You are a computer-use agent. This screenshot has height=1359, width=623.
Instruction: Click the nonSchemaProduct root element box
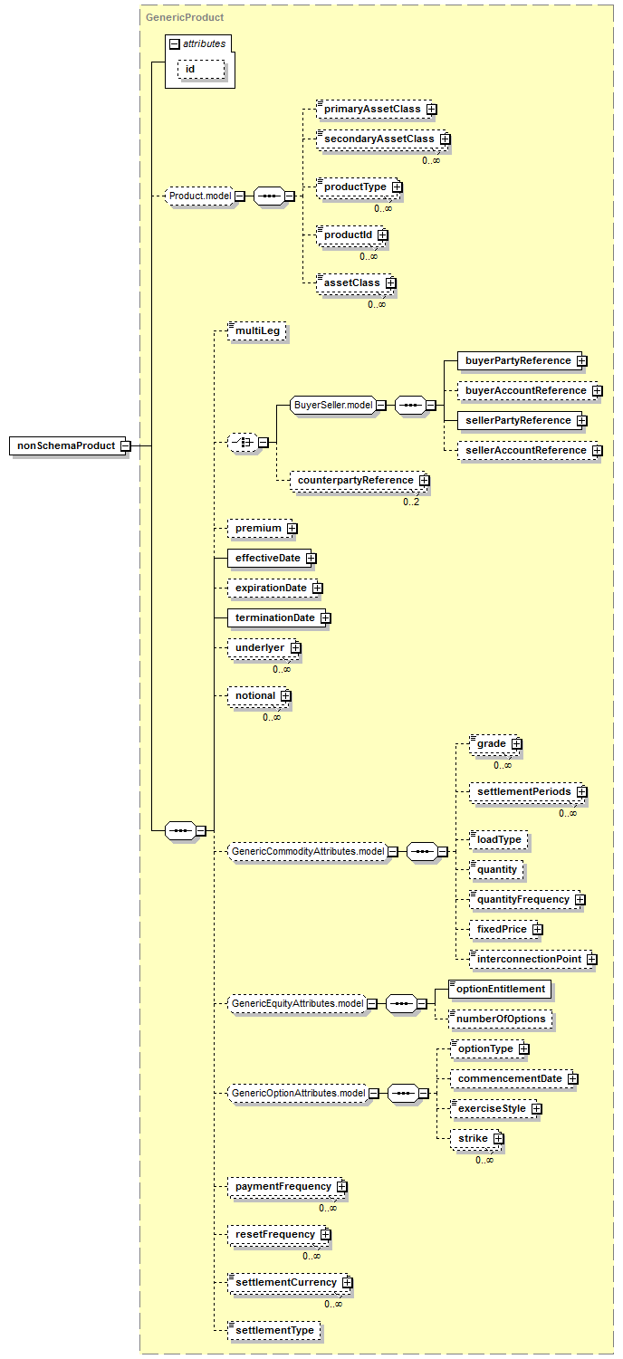[67, 446]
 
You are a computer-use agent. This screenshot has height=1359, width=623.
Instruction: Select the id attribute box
[201, 69]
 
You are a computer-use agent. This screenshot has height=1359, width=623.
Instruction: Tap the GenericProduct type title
[185, 17]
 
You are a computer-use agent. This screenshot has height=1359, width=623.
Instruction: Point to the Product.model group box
[199, 196]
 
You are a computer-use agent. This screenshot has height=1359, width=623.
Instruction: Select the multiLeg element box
[256, 330]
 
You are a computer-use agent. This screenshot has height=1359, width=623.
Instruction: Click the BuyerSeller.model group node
[333, 405]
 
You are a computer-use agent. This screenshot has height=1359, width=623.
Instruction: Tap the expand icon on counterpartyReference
[425, 481]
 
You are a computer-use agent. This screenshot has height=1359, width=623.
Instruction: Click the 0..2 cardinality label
[411, 502]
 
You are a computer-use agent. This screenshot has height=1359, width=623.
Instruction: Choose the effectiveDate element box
[267, 558]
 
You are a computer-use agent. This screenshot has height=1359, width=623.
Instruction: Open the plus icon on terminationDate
[326, 618]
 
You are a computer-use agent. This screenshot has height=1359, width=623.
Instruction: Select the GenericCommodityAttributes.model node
[308, 852]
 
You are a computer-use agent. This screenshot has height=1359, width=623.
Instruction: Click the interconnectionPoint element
[528, 959]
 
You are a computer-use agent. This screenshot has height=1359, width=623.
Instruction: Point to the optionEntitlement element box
[500, 989]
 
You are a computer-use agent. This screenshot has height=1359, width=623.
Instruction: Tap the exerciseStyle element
[492, 1108]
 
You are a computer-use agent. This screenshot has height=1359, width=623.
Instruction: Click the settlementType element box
[273, 1331]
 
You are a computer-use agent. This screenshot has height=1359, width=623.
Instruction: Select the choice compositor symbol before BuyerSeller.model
[243, 442]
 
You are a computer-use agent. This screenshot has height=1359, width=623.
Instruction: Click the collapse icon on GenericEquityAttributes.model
[372, 1004]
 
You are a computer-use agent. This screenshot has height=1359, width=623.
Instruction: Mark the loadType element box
[498, 839]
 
